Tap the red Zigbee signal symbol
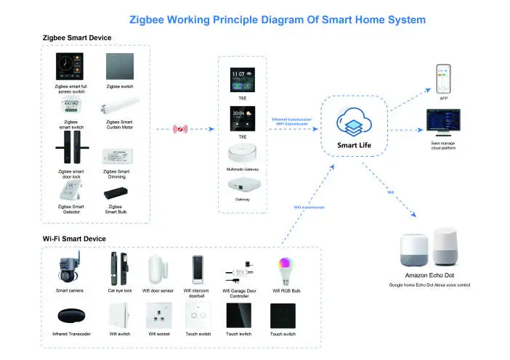tap(179, 130)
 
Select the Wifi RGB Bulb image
tap(284, 269)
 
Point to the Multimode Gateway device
tap(242, 155)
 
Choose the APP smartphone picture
tap(443, 78)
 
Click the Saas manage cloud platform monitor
tap(442, 123)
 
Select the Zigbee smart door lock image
tap(70, 150)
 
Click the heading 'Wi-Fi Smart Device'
tap(74, 239)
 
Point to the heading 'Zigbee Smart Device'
tap(78, 36)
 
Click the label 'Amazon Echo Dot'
tap(429, 277)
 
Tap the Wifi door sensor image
tap(158, 269)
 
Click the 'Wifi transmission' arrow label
tap(309, 208)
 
